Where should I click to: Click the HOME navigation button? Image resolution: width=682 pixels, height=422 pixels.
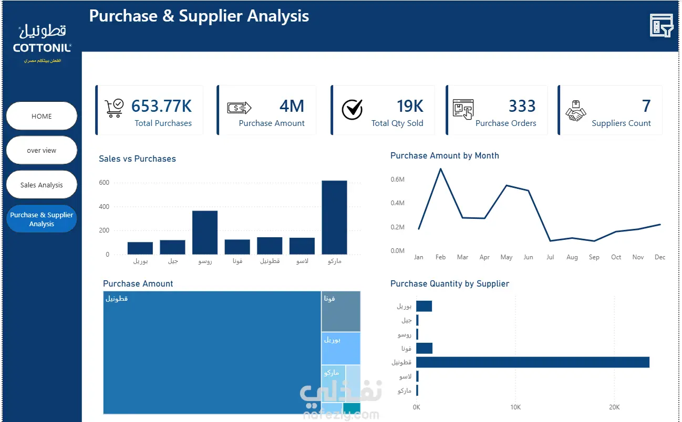[42, 116]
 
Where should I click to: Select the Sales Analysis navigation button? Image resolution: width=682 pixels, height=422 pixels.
[42, 185]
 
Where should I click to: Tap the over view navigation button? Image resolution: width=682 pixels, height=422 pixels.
[42, 150]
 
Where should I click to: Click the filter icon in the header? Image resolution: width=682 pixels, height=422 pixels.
[661, 25]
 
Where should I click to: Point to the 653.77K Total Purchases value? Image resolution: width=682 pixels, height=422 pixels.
[161, 106]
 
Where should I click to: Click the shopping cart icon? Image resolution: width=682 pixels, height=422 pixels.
[114, 108]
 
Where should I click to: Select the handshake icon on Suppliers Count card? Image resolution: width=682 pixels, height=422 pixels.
[575, 111]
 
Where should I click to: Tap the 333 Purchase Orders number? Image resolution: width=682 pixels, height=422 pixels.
[522, 106]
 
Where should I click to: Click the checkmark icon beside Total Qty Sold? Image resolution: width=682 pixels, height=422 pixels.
[352, 109]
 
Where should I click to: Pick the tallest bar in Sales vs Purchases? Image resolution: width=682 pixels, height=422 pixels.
[334, 217]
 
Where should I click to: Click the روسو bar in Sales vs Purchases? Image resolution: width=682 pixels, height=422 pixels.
[205, 233]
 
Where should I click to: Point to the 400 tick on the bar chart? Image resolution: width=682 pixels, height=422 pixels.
[104, 207]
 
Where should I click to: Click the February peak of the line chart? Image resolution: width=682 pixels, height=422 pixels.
[440, 169]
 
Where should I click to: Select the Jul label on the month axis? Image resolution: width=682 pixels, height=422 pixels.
[550, 257]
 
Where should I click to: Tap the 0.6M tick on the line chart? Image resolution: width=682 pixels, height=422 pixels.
[398, 179]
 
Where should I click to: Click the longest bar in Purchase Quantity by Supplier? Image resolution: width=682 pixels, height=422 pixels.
[533, 362]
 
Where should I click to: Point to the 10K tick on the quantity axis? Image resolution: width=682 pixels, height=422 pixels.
[515, 407]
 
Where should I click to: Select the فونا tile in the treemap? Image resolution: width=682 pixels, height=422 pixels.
[341, 311]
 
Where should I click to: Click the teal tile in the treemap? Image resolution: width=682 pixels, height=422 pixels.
[352, 408]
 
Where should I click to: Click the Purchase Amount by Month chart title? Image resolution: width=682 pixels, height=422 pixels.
[445, 155]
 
